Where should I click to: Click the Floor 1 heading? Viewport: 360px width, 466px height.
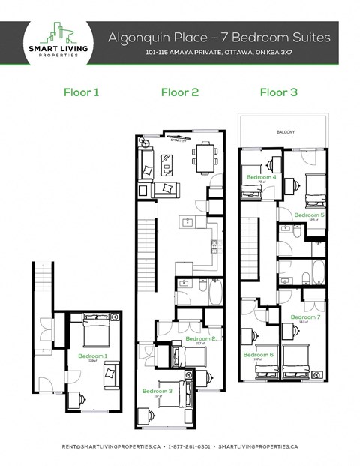(x=82, y=93)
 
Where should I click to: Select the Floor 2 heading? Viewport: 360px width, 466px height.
(x=180, y=93)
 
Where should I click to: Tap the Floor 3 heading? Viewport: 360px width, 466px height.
(x=278, y=93)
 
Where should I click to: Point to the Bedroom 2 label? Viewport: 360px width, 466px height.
(x=200, y=339)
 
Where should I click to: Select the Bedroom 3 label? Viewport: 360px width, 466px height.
(x=158, y=391)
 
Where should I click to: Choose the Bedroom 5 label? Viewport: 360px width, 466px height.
(x=309, y=215)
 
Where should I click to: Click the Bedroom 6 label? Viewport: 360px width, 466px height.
(x=258, y=354)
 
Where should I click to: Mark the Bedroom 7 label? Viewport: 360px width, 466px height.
(x=305, y=317)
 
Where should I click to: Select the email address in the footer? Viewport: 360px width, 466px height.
(x=111, y=446)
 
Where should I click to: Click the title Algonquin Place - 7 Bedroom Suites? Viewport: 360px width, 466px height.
(x=218, y=36)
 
